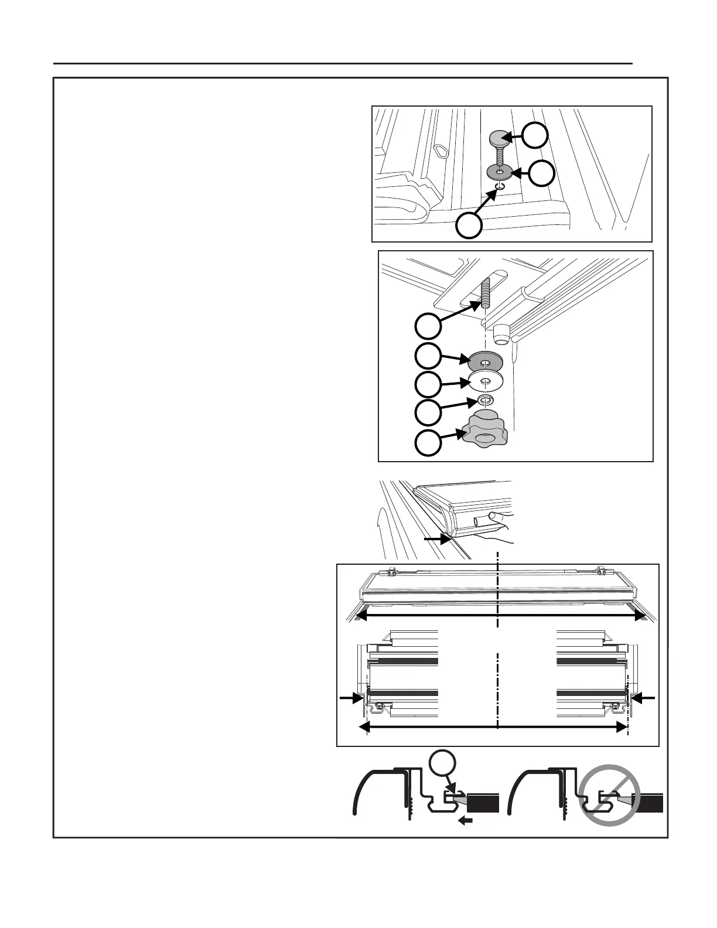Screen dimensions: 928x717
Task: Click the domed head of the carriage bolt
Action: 499,140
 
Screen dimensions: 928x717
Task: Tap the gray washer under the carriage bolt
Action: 500,172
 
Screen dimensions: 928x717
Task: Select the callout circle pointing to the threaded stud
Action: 428,326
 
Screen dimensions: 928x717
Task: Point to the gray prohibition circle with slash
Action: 609,796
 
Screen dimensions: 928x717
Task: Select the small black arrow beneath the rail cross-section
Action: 465,821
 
